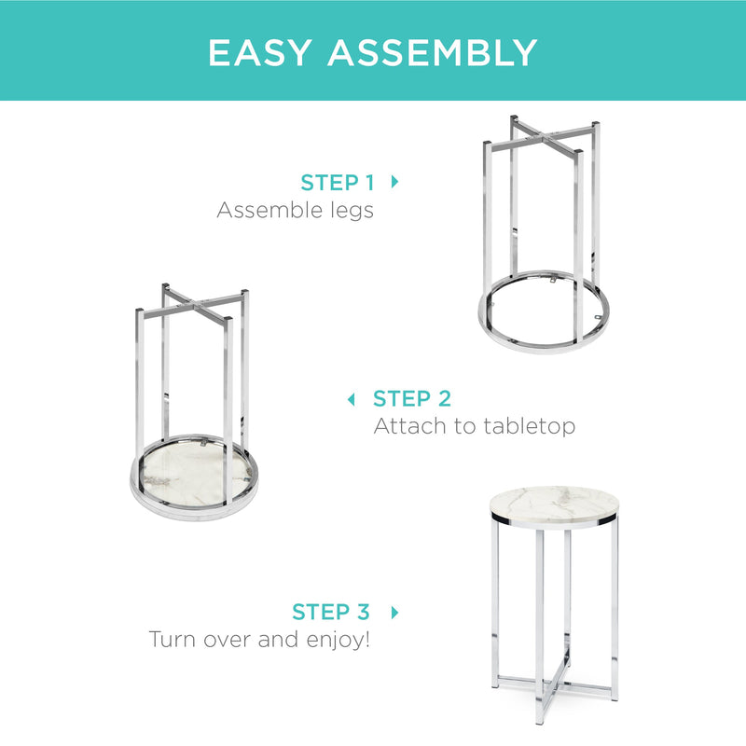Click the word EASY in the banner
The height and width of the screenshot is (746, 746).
click(260, 52)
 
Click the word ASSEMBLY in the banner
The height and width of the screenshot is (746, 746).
click(433, 52)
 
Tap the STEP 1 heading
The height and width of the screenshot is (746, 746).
click(338, 183)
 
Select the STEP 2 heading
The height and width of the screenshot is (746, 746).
click(412, 399)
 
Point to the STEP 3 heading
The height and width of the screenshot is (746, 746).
click(331, 612)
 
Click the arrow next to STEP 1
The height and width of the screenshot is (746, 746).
click(394, 182)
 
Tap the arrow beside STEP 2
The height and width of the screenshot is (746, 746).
click(352, 400)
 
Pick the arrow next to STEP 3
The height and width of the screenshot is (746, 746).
click(394, 613)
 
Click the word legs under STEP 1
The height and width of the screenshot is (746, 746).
click(352, 212)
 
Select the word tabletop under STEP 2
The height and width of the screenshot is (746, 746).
click(529, 426)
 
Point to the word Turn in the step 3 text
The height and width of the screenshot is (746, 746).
click(173, 640)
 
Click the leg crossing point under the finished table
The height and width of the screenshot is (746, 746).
click(553, 684)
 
